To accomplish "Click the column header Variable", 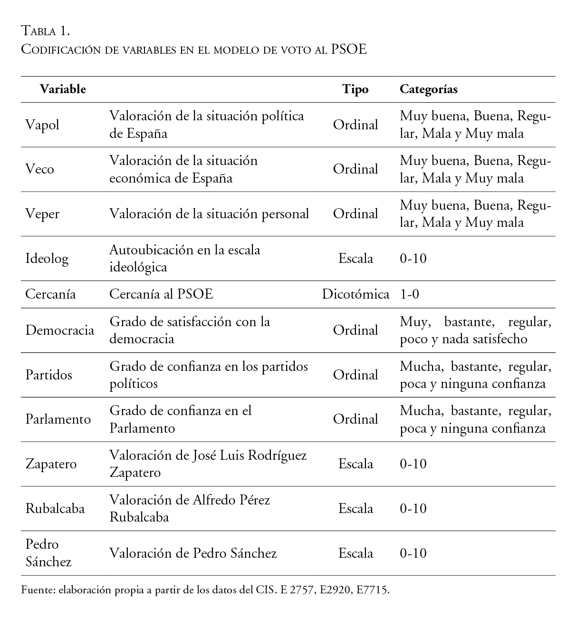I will tap(63, 89).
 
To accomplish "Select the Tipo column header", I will tap(355, 89).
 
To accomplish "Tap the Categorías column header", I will tap(428, 89).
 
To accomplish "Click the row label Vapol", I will tap(42, 125).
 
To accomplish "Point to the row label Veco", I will tap(40, 169).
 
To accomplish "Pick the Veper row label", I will tap(42, 214).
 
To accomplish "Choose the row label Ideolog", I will tap(47, 259).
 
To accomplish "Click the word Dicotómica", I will tap(356, 294).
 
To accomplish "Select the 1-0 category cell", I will tap(409, 294).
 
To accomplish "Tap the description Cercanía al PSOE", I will tap(161, 294).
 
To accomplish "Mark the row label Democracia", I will tap(60, 330).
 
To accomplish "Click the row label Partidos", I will tap(48, 375).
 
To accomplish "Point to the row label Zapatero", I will tap(51, 464).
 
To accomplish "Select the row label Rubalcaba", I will tap(55, 508).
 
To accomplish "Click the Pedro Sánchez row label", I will tap(48, 553).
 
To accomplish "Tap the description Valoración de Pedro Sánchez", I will tap(193, 553).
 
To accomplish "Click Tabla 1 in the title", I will tap(46, 31).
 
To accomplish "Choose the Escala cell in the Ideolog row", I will tap(355, 259).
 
